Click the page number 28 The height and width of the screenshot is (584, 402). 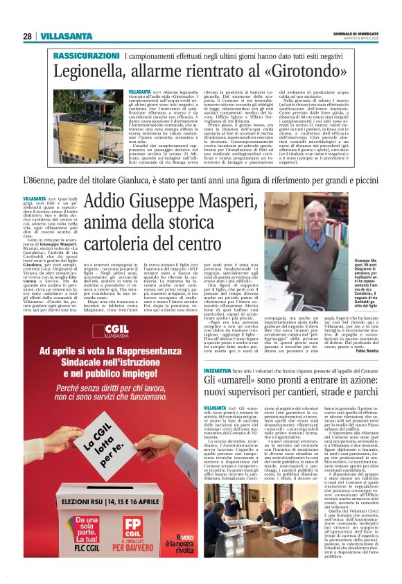pyautogui.click(x=27, y=36)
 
